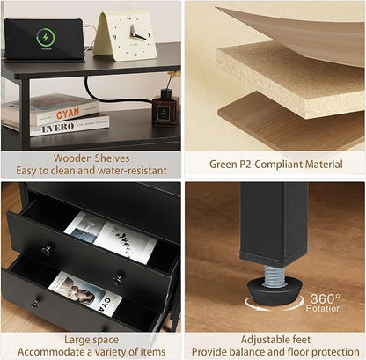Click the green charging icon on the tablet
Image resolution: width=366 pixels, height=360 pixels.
click(46, 38)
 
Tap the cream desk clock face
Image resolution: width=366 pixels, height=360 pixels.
click(131, 35)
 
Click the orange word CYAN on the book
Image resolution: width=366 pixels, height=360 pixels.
click(68, 114)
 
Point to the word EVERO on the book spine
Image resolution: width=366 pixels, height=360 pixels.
click(57, 128)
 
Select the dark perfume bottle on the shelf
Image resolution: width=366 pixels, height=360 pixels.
click(165, 108)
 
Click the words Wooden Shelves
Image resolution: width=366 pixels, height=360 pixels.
click(91, 158)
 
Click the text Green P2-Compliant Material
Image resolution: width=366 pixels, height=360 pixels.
click(276, 164)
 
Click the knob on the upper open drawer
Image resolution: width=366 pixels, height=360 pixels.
click(47, 251)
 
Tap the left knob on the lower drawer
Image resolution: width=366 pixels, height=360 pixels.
click(37, 302)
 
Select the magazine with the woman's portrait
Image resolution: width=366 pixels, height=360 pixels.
click(85, 293)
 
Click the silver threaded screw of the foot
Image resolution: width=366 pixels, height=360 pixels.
click(274, 276)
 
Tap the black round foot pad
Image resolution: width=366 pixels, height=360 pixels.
click(273, 293)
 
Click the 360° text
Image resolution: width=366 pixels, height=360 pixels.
click(326, 298)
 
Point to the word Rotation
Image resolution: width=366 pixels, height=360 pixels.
click(324, 308)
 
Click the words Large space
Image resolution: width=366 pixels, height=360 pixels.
click(91, 340)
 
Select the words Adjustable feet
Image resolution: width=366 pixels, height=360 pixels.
click(275, 340)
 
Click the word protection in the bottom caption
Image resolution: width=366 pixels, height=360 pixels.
click(335, 351)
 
